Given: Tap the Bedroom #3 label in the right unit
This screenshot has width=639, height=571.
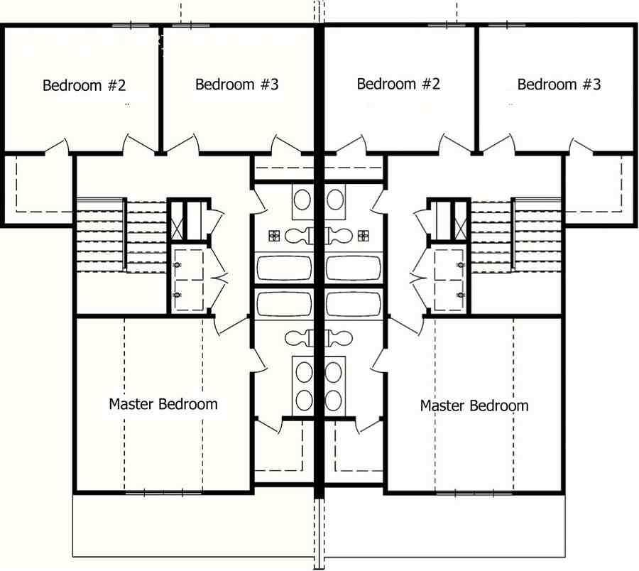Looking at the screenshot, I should (559, 85).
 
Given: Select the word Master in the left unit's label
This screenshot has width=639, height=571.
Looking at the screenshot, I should (131, 404).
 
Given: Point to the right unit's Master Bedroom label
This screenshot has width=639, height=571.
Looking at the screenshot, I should (474, 406).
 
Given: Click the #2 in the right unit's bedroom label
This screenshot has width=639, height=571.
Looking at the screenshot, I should (428, 84).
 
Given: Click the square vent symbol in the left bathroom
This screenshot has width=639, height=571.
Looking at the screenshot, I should (273, 235).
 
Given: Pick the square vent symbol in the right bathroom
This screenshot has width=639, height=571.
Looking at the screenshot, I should (364, 235).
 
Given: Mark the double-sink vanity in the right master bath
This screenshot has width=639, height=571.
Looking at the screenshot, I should (335, 384).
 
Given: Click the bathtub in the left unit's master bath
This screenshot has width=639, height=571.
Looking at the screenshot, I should (283, 303).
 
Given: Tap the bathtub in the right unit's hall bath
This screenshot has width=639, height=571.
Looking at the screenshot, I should (353, 268).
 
